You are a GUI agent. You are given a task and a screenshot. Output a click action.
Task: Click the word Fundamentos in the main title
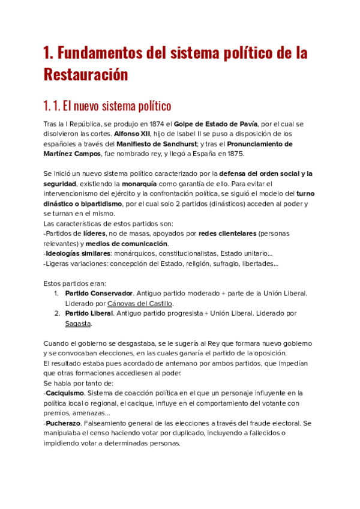(x=103, y=53)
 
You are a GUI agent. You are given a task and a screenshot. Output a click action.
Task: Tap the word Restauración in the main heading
(x=86, y=75)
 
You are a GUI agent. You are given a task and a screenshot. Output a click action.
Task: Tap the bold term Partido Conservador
(x=99, y=293)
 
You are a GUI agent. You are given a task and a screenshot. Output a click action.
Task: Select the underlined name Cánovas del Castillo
(x=139, y=304)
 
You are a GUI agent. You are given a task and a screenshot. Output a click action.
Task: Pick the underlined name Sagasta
(x=78, y=324)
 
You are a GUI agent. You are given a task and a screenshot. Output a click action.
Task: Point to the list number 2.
(x=56, y=313)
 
